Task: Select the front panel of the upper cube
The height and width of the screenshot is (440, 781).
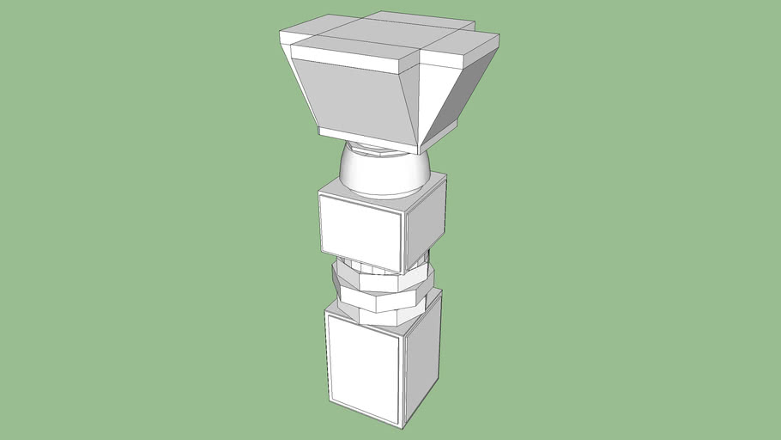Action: point(360,229)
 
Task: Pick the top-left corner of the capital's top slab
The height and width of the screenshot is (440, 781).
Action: point(282,33)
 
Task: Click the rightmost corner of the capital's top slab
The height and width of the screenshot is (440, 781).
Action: point(500,36)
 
